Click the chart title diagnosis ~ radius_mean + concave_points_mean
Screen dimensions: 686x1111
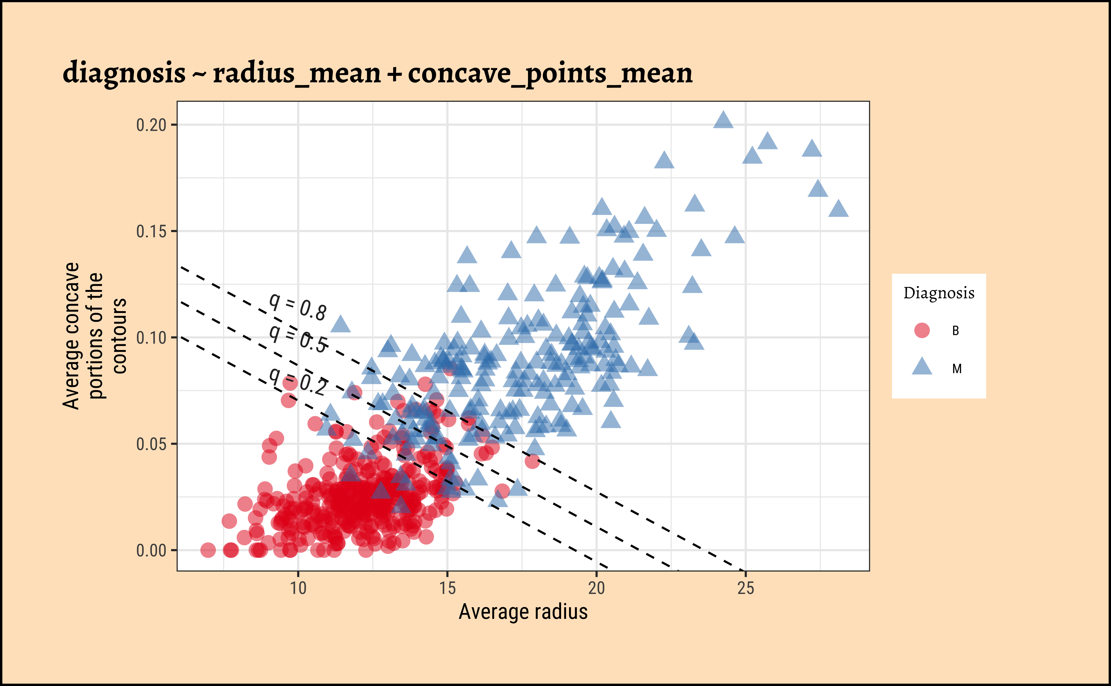pyautogui.click(x=377, y=73)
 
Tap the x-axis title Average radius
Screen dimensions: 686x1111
pyautogui.click(x=523, y=612)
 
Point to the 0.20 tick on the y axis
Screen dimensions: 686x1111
pyautogui.click(x=151, y=125)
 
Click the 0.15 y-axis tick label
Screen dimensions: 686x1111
pyautogui.click(x=151, y=231)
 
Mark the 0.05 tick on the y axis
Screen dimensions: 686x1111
pyautogui.click(x=151, y=444)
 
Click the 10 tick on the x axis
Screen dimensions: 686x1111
pyautogui.click(x=298, y=588)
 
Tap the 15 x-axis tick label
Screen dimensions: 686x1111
pyautogui.click(x=447, y=588)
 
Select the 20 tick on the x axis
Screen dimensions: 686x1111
pyautogui.click(x=597, y=588)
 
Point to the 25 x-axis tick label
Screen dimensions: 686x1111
pyautogui.click(x=745, y=588)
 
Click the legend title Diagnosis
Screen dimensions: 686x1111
pyautogui.click(x=939, y=293)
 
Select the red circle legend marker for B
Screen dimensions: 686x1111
pyautogui.click(x=922, y=330)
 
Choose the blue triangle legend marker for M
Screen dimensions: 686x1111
pyautogui.click(x=922, y=367)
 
